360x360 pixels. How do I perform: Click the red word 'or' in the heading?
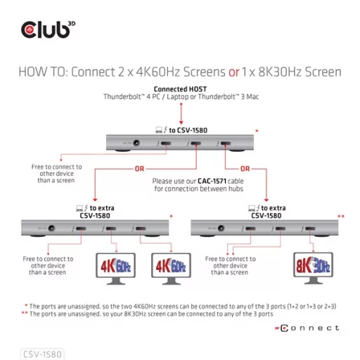pyautogui.click(x=236, y=72)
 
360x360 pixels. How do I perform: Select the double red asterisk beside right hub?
pyautogui.click(x=341, y=217)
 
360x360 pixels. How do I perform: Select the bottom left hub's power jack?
pyautogui.click(x=49, y=229)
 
